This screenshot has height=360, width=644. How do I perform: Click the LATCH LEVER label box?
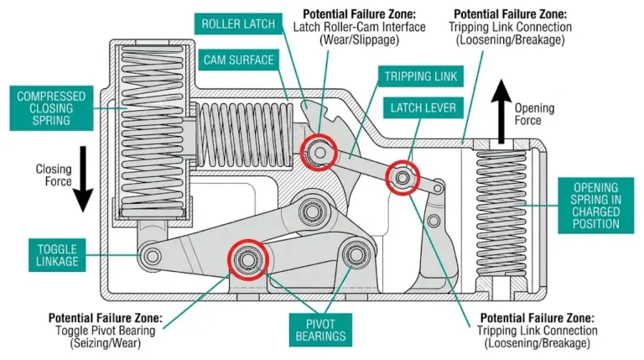(422, 107)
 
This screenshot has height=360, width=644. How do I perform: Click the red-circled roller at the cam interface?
(319, 152)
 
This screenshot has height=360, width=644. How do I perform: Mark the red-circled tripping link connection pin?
(402, 177)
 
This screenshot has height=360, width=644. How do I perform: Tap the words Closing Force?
(52, 175)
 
